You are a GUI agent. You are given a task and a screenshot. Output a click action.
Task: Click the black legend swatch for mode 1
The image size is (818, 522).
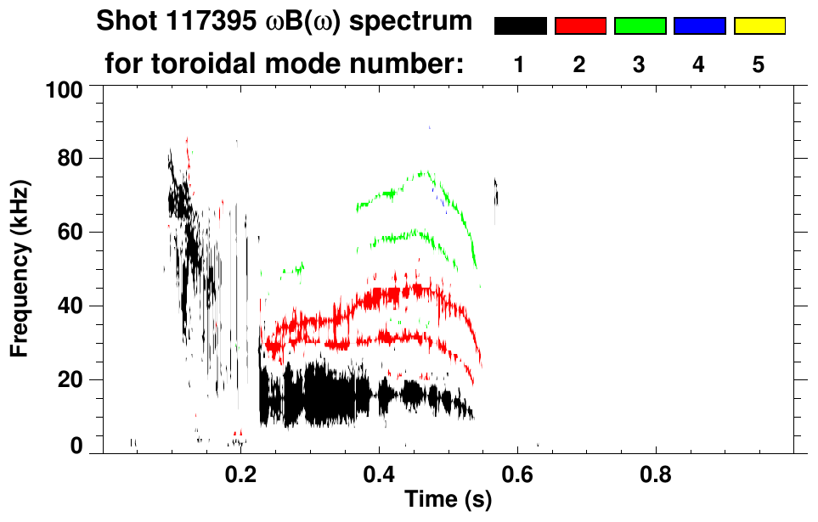(x=520, y=26)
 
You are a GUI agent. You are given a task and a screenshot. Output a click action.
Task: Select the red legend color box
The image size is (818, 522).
(x=580, y=26)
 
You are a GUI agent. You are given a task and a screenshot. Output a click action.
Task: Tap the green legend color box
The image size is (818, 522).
(x=640, y=26)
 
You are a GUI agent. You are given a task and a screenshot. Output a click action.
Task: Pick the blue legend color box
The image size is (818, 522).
(x=699, y=26)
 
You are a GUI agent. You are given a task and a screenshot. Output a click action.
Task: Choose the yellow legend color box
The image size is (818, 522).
(x=759, y=26)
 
